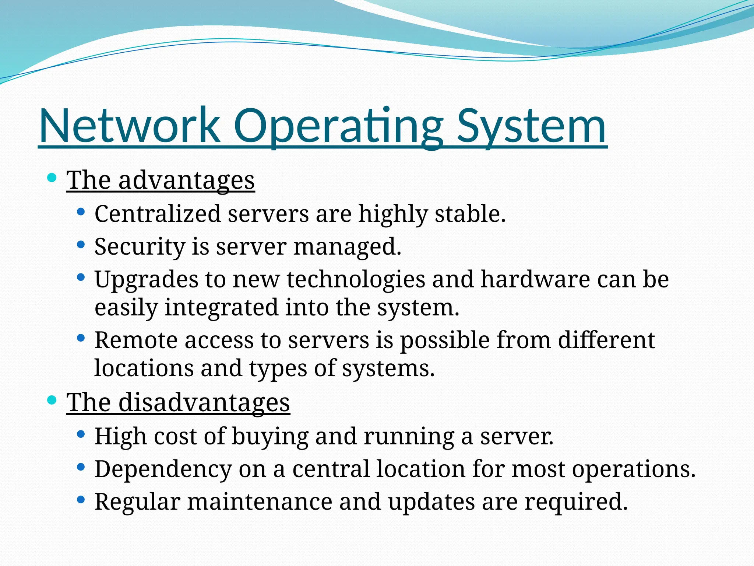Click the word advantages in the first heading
[x=187, y=181]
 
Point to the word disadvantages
[x=204, y=402]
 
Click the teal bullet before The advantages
[x=52, y=178]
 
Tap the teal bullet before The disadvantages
[x=52, y=400]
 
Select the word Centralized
[x=158, y=214]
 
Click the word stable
[x=470, y=214]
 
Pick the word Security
[x=140, y=247]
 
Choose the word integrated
[x=221, y=307]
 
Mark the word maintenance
[x=260, y=502]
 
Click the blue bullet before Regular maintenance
[x=81, y=500]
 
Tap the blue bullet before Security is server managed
[x=81, y=245]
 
